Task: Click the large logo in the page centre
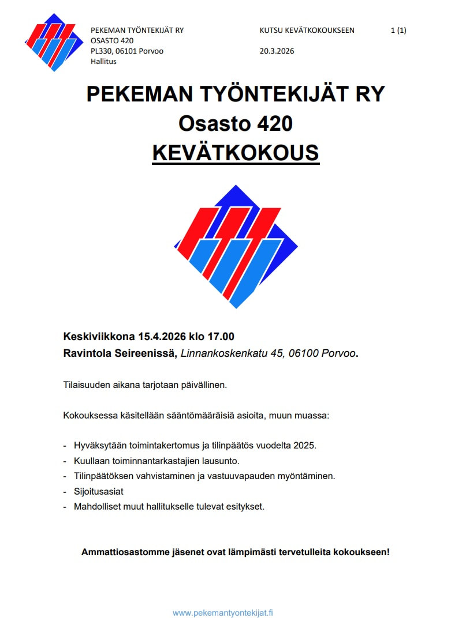coord(236,246)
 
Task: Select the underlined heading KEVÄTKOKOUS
coord(235,153)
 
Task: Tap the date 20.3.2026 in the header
coord(277,51)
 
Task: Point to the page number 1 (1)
coord(398,31)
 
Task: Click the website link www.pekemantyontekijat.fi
coord(223,613)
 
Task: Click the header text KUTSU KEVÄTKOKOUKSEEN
coord(307,31)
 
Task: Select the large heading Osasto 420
coord(235,123)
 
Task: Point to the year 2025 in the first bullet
coord(305,446)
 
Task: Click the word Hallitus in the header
coord(103,62)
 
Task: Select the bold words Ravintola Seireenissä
coord(120,353)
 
